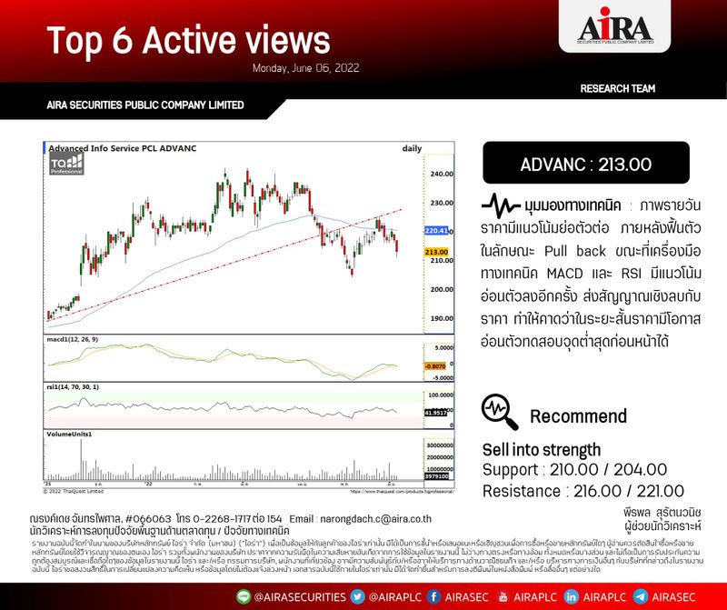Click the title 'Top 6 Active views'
[188, 40]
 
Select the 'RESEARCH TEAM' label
[618, 88]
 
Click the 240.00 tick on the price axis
[443, 174]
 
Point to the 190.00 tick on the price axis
[443, 318]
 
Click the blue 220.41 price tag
[436, 231]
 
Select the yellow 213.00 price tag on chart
[437, 251]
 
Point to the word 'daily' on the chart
[412, 147]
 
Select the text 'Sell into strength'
[541, 449]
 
